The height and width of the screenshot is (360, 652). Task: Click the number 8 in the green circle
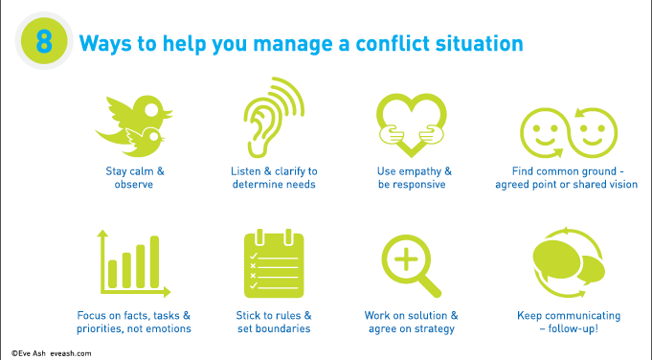(44, 42)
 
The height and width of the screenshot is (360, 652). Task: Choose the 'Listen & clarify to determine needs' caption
(274, 177)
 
